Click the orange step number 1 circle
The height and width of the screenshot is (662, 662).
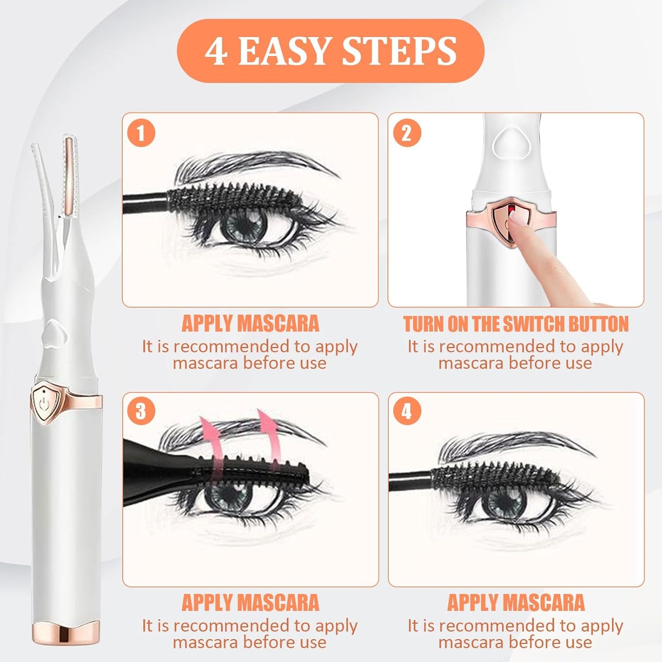pyautogui.click(x=141, y=133)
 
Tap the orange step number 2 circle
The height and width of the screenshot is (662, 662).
pyautogui.click(x=407, y=133)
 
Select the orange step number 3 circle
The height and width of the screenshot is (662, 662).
pyautogui.click(x=141, y=411)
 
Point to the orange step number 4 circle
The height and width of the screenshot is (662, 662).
pyautogui.click(x=407, y=411)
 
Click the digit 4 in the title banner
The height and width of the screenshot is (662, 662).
pyautogui.click(x=216, y=51)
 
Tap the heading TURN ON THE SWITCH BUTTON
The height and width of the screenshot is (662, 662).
pyautogui.click(x=515, y=324)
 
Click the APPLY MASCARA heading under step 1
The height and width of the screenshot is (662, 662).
pyautogui.click(x=250, y=323)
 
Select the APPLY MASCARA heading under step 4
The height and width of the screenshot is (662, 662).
pyautogui.click(x=515, y=602)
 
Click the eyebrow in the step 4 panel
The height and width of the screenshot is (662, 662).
pyautogui.click(x=513, y=447)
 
